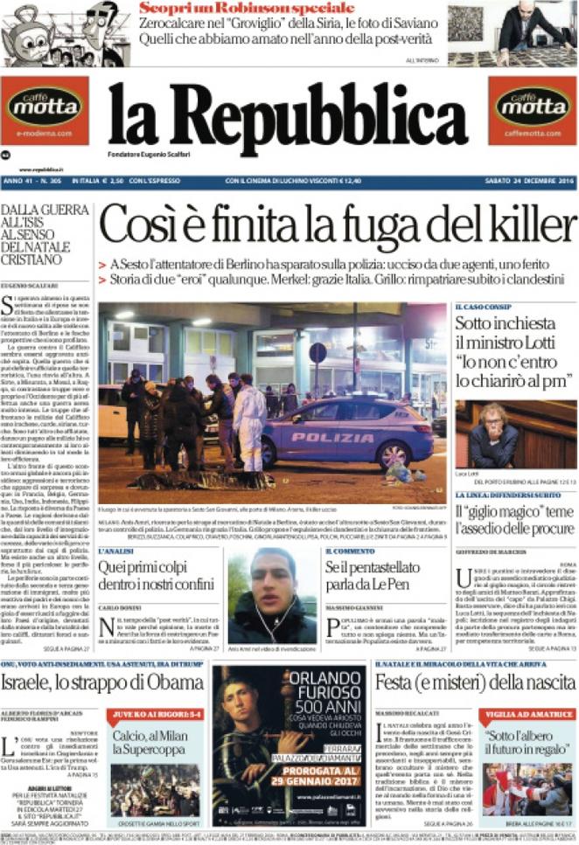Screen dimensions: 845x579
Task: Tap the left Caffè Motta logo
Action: coord(44,108)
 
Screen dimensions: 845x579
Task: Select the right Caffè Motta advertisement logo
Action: coord(532,108)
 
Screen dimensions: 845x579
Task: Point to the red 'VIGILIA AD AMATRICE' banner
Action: coord(527,713)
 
